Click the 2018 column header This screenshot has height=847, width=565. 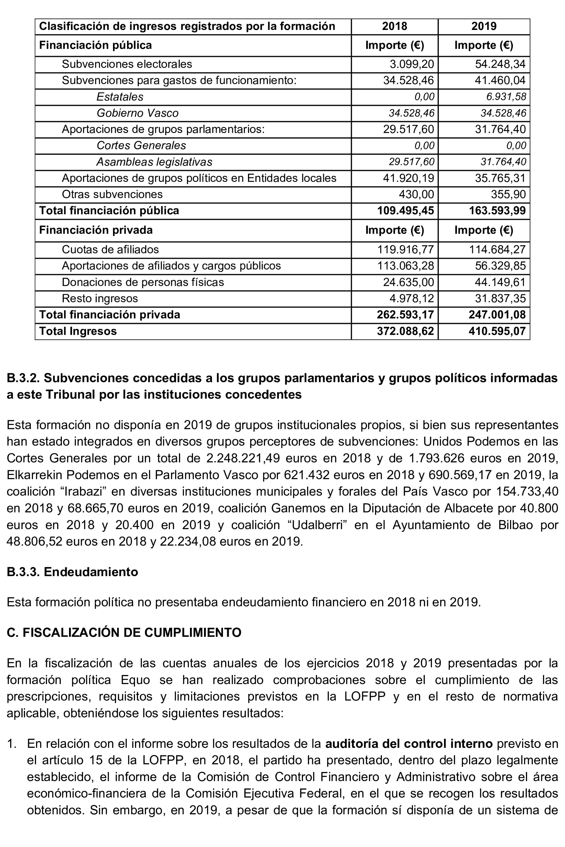[394, 26]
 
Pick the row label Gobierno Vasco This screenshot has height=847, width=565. [137, 113]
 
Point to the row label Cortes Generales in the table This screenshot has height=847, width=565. [141, 146]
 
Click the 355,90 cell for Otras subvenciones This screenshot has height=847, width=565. [508, 194]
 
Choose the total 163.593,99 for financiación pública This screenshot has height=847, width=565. [497, 211]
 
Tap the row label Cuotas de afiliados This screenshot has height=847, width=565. [110, 250]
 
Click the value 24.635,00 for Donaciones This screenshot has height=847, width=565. [408, 282]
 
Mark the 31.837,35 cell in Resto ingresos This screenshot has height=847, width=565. [500, 298]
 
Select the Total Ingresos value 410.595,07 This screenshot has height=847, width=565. [497, 331]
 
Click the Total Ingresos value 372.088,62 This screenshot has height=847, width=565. [405, 331]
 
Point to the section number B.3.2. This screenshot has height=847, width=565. [23, 378]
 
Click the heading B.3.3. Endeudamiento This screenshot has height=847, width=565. [72, 571]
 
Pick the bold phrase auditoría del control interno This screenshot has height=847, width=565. [409, 744]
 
